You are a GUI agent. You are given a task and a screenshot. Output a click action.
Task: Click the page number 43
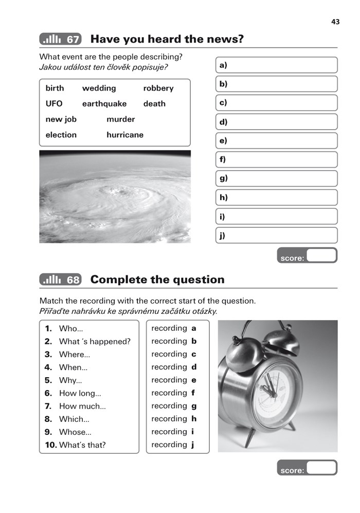pos(335,22)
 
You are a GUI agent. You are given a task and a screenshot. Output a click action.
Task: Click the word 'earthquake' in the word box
pos(104,103)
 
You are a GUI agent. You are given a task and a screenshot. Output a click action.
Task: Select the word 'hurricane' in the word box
pos(125,135)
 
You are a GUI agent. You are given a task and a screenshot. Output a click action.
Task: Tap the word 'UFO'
pos(54,103)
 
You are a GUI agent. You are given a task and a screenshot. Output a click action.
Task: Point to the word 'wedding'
pos(99,88)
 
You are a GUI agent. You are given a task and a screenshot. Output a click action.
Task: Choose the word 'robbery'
pos(158,88)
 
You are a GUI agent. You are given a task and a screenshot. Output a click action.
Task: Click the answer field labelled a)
pos(276,65)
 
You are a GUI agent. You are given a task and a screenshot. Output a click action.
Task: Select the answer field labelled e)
pos(276,140)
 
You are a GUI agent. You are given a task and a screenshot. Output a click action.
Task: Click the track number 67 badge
pos(60,39)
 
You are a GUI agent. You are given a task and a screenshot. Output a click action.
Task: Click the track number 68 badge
pos(60,279)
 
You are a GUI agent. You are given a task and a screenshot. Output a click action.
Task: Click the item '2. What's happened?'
pos(87,341)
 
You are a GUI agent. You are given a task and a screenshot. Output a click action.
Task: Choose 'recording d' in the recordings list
pos(174,367)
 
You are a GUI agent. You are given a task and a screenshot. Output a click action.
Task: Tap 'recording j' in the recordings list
pos(174,445)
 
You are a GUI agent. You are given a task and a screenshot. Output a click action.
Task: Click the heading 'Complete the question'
pos(157,279)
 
